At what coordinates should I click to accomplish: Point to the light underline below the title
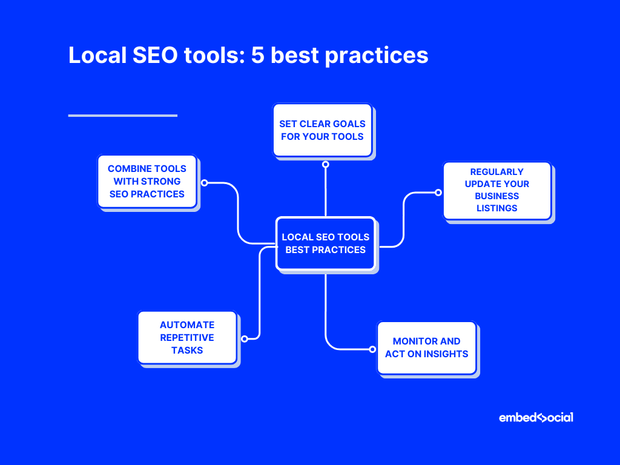(x=122, y=115)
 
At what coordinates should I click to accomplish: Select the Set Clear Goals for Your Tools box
(x=322, y=130)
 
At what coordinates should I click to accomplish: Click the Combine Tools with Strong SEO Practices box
(x=147, y=181)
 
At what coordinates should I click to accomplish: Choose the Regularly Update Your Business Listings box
(x=496, y=190)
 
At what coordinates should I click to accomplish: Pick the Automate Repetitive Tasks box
(x=187, y=337)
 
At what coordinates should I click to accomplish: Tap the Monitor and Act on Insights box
(x=426, y=348)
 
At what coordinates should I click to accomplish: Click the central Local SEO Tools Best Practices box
(x=325, y=243)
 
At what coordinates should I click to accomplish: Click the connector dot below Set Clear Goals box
(x=325, y=164)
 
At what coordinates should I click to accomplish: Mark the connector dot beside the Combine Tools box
(x=204, y=182)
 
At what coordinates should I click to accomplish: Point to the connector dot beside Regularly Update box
(x=438, y=193)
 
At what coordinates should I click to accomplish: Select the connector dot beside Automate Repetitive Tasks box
(x=245, y=338)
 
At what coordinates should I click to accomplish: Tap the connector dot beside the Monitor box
(x=372, y=349)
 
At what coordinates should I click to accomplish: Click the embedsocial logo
(x=536, y=418)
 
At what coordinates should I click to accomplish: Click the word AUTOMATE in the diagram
(x=187, y=325)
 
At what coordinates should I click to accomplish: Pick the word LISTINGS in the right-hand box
(x=496, y=208)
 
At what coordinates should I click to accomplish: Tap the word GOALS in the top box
(x=349, y=124)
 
